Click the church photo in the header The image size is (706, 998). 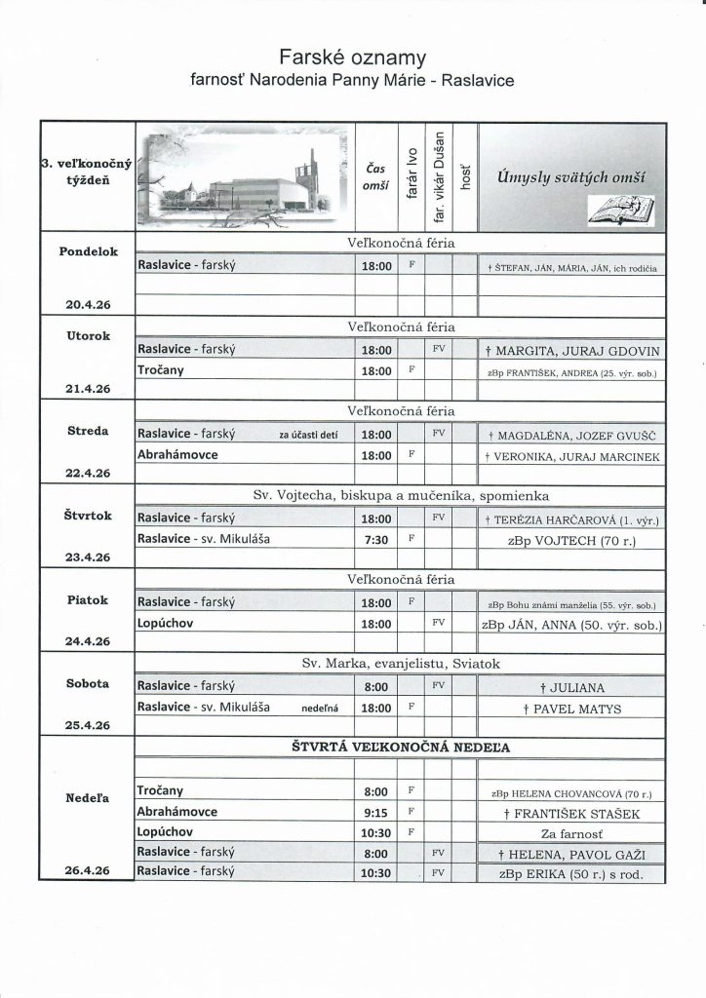[245, 176]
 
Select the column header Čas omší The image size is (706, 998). [375, 176]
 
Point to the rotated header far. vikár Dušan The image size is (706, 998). [440, 174]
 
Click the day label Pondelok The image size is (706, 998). [88, 250]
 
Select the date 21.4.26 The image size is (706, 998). [88, 388]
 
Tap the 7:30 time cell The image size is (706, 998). [375, 537]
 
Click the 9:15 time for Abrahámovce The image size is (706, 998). [375, 811]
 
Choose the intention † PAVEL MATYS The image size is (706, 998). [571, 709]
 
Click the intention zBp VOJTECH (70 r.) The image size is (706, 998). [571, 538]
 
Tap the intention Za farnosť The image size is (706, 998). [571, 834]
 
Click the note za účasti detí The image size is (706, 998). [308, 435]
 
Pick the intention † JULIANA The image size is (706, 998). [571, 686]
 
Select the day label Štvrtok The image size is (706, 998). [88, 515]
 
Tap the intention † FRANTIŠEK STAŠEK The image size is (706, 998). [571, 812]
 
